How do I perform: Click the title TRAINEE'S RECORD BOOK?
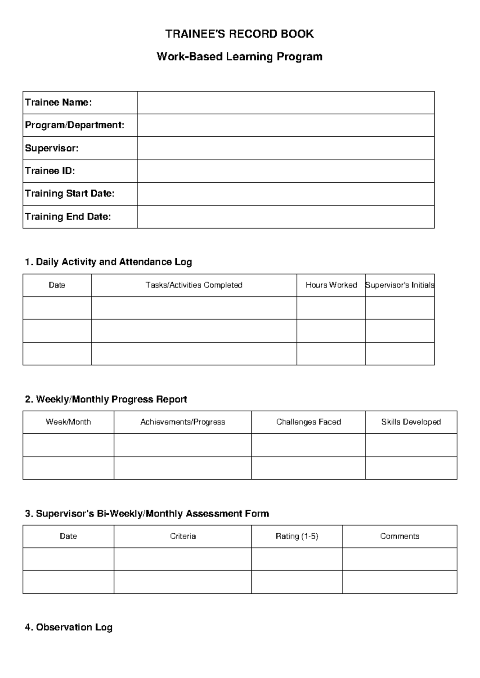click(240, 34)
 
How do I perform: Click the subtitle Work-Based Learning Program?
click(240, 57)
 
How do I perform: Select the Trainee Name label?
click(58, 103)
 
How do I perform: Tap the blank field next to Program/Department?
click(286, 126)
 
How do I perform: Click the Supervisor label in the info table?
click(52, 148)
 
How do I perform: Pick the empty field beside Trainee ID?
click(286, 171)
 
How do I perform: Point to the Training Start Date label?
click(70, 194)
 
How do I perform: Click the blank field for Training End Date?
click(286, 217)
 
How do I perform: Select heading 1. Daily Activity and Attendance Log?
click(108, 262)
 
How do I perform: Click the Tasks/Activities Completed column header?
click(194, 285)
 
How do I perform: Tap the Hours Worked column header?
click(331, 285)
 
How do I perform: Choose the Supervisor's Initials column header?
click(400, 285)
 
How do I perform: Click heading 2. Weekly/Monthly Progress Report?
click(106, 399)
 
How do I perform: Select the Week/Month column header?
click(68, 422)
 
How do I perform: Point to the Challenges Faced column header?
click(308, 422)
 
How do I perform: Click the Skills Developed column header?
click(411, 422)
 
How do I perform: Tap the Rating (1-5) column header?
click(297, 536)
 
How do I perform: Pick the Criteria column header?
click(183, 536)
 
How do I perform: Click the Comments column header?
click(400, 536)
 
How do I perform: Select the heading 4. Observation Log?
click(68, 628)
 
